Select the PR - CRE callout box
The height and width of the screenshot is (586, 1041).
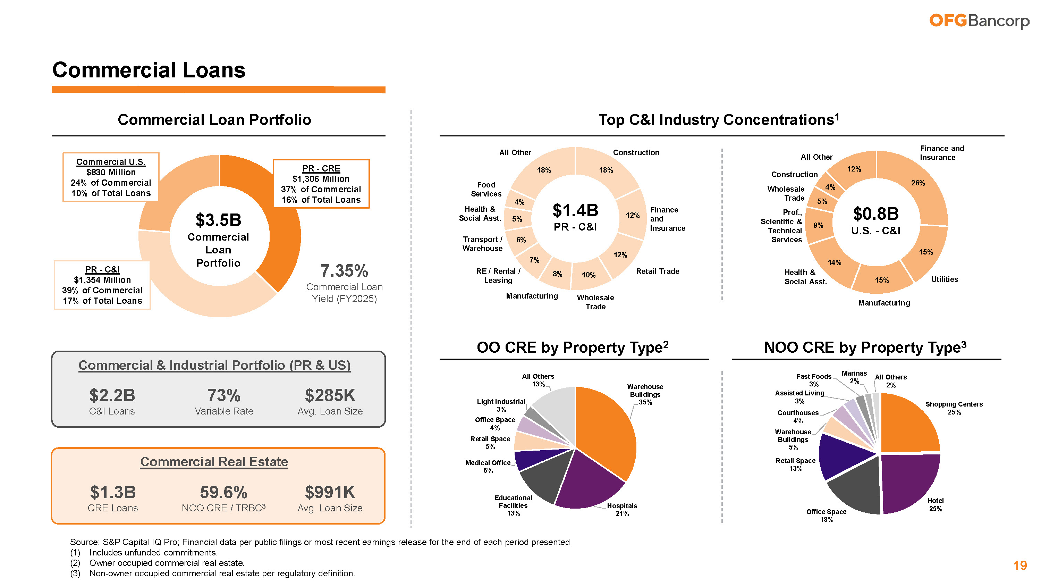[321, 184]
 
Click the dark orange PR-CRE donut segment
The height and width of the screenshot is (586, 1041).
[283, 226]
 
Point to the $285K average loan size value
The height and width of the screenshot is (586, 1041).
[330, 395]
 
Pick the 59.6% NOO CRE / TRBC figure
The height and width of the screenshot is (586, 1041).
[223, 493]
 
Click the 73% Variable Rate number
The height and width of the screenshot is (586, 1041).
[223, 395]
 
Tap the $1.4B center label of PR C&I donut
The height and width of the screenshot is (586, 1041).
[575, 211]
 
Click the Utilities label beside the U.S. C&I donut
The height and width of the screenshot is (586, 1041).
[945, 279]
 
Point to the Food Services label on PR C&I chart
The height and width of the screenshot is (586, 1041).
[486, 189]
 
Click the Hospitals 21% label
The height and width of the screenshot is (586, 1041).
[622, 510]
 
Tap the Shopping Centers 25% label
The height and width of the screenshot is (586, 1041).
[954, 408]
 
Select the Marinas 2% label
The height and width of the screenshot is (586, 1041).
[854, 377]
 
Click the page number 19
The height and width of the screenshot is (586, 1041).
[1019, 566]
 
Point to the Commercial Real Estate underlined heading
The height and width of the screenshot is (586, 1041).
[214, 462]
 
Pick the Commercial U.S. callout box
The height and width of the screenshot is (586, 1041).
[111, 177]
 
